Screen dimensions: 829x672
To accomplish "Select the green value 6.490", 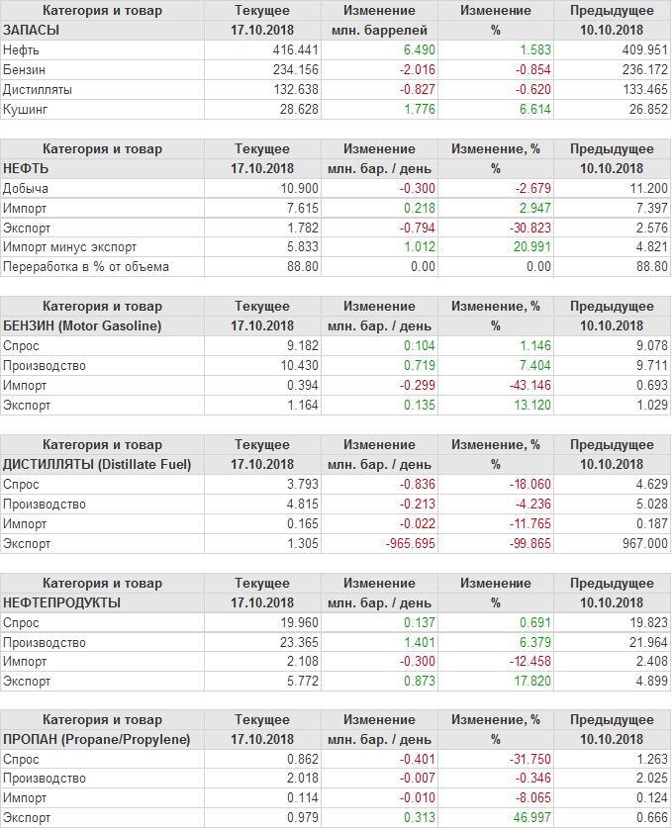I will [x=415, y=49].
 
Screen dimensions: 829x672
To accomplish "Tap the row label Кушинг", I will [x=25, y=109].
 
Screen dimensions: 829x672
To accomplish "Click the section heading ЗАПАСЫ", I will [x=32, y=30].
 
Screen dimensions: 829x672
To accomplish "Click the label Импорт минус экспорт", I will [x=70, y=247].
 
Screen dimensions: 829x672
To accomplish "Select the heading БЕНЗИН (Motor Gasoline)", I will [x=82, y=325].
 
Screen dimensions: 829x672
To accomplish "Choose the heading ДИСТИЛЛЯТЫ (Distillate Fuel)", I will [x=97, y=464].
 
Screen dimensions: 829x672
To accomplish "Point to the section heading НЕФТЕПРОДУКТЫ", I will [x=62, y=602].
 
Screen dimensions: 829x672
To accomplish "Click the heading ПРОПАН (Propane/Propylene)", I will [x=96, y=739].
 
